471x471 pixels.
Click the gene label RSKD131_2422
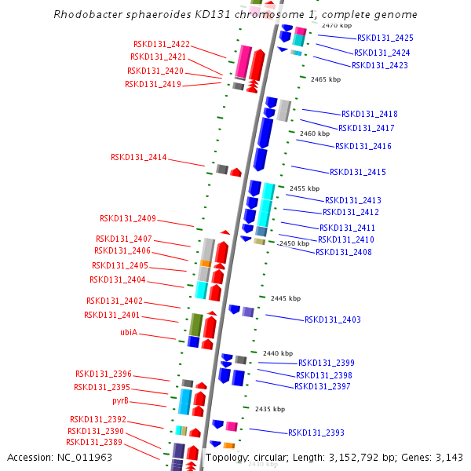click(x=161, y=44)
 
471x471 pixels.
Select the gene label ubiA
click(x=129, y=332)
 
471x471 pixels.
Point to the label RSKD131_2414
click(x=138, y=157)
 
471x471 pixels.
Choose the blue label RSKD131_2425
click(x=385, y=38)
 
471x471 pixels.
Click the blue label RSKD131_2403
click(x=332, y=319)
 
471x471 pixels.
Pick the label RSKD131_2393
click(x=316, y=433)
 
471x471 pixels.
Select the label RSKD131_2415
click(x=357, y=172)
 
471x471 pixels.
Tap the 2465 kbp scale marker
click(x=326, y=79)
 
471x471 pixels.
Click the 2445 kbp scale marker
click(x=286, y=298)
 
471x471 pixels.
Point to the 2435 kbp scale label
click(x=270, y=409)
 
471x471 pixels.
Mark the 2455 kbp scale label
click(x=305, y=188)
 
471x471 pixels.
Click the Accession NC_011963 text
click(x=60, y=457)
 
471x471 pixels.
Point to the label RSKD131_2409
click(x=127, y=218)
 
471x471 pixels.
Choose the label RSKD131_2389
click(x=93, y=442)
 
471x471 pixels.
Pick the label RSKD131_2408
click(x=343, y=252)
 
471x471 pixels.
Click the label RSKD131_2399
click(x=326, y=363)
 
